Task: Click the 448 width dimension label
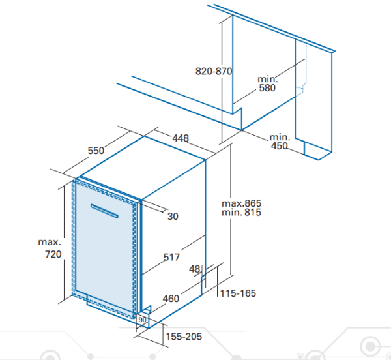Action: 181,138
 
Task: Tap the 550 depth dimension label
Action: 96,151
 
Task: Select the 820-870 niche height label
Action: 214,71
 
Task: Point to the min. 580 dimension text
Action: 267,83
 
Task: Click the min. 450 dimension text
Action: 280,142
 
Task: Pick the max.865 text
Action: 241,203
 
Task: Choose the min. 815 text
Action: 241,213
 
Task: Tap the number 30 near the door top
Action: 173,217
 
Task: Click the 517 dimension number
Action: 171,257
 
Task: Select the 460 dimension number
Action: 171,299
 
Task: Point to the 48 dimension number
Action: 194,269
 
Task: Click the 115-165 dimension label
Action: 238,293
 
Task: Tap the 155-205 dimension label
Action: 184,337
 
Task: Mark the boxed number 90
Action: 142,320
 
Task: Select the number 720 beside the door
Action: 53,254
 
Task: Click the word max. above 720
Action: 50,242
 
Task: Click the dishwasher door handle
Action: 104,211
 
